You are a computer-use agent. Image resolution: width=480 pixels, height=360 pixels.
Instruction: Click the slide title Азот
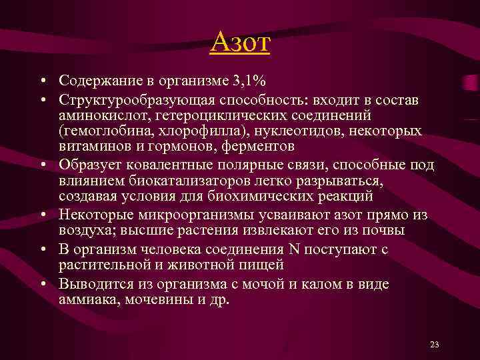pos(240,44)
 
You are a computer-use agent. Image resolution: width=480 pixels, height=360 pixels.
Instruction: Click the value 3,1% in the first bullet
pos(249,82)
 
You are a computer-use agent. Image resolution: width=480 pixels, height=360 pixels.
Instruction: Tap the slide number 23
pos(435,345)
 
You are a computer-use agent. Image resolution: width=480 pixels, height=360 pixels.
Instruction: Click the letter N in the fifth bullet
pos(294,249)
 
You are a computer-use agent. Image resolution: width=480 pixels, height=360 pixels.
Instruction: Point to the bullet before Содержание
pos(42,82)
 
